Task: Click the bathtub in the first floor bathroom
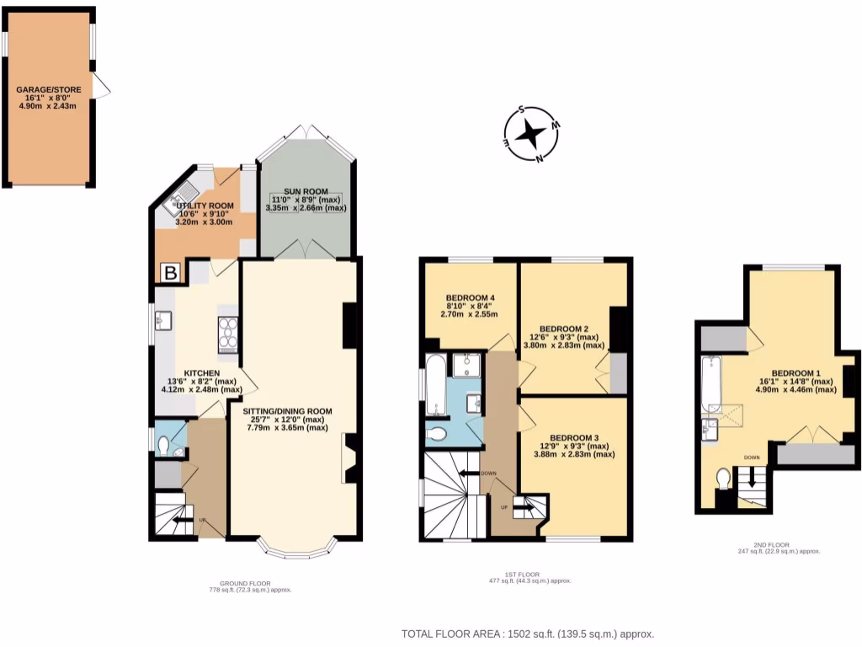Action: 436,383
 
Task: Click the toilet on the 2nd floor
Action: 723,478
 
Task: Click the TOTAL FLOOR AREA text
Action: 527,634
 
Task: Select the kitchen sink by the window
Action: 165,319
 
